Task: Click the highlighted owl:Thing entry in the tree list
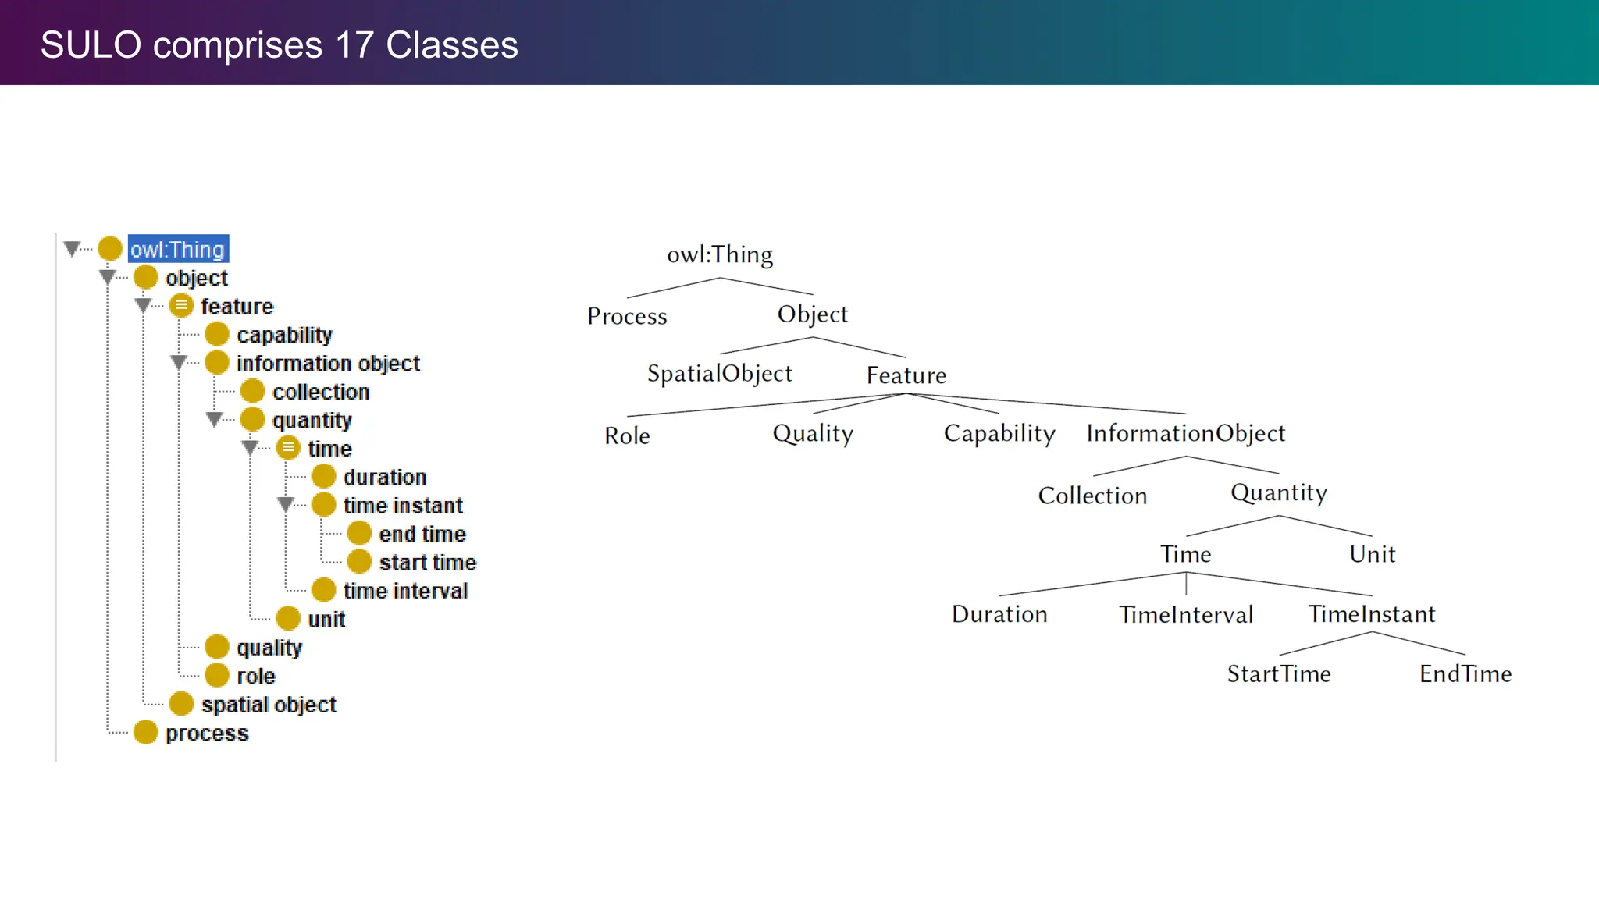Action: [178, 249]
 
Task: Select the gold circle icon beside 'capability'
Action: [216, 335]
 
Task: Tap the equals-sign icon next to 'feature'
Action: [181, 306]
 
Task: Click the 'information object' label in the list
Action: [327, 364]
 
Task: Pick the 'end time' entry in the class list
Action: [422, 534]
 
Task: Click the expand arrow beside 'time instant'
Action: [286, 505]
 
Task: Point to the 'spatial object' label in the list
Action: [268, 705]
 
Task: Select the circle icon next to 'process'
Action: [145, 733]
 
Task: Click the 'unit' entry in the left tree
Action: [326, 620]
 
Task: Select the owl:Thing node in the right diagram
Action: [719, 254]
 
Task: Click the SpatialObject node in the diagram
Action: [719, 374]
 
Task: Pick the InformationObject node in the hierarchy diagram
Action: [1185, 433]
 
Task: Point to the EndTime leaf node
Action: [1465, 674]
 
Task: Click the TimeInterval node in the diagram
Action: [1185, 615]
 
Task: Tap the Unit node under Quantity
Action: [1372, 554]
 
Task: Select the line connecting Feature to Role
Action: [765, 405]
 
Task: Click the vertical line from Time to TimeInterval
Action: [1186, 584]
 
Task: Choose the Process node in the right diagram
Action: [627, 316]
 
